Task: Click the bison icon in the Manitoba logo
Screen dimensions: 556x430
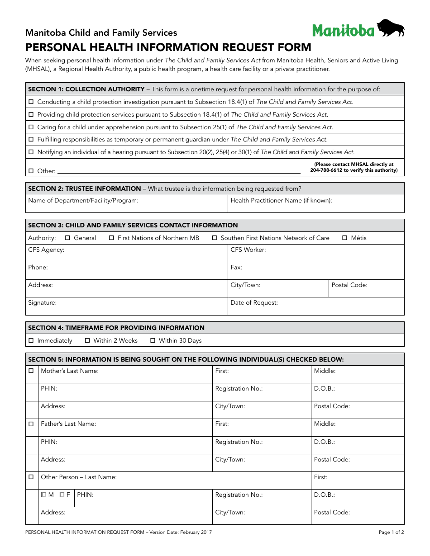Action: [x=391, y=28]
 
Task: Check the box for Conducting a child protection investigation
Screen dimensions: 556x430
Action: [x=31, y=102]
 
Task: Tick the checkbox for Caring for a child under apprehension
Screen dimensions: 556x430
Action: [x=31, y=127]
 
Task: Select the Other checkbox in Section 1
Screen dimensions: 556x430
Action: [x=31, y=171]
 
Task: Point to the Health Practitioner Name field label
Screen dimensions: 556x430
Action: [x=281, y=200]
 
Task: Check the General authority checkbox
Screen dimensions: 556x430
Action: [x=68, y=238]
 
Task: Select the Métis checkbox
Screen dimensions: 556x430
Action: [x=345, y=238]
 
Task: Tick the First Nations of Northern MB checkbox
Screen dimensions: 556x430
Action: [x=112, y=238]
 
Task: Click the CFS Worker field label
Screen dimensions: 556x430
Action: [x=248, y=250]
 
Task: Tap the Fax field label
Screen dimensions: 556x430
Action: [x=236, y=268]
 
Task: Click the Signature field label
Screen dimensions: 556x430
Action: [x=42, y=303]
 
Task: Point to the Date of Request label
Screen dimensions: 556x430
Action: [x=254, y=303]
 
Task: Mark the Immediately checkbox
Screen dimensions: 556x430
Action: [x=31, y=340]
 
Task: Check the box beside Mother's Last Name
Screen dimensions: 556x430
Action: [x=31, y=371]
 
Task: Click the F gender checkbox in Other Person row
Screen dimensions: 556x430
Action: [x=62, y=495]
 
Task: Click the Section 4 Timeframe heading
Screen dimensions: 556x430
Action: [x=116, y=328]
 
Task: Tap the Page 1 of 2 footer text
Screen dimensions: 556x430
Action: [x=391, y=532]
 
